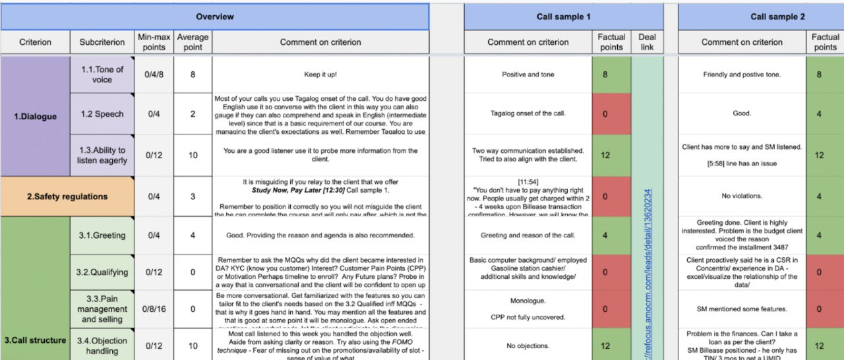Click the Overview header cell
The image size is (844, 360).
tap(215, 16)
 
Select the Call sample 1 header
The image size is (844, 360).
tap(564, 16)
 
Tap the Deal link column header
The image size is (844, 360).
tap(647, 42)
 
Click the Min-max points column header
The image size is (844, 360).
tap(154, 42)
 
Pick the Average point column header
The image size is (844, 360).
tap(193, 42)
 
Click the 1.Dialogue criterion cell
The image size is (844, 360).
tap(36, 117)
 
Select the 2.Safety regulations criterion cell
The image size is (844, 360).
tap(67, 196)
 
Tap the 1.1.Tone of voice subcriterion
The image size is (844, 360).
tap(102, 75)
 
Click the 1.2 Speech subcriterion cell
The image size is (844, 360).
tap(102, 114)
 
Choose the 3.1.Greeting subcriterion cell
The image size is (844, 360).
tap(102, 235)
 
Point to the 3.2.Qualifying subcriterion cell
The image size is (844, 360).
tap(102, 272)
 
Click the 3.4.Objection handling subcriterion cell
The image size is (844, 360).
tap(102, 345)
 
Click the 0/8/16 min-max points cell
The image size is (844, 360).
tap(154, 309)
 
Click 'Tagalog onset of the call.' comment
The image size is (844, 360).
tap(527, 113)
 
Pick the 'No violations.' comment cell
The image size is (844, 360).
tap(742, 196)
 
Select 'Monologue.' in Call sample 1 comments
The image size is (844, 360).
tap(527, 300)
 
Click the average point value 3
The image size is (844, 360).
tap(193, 196)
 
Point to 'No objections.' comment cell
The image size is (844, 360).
tap(527, 345)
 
